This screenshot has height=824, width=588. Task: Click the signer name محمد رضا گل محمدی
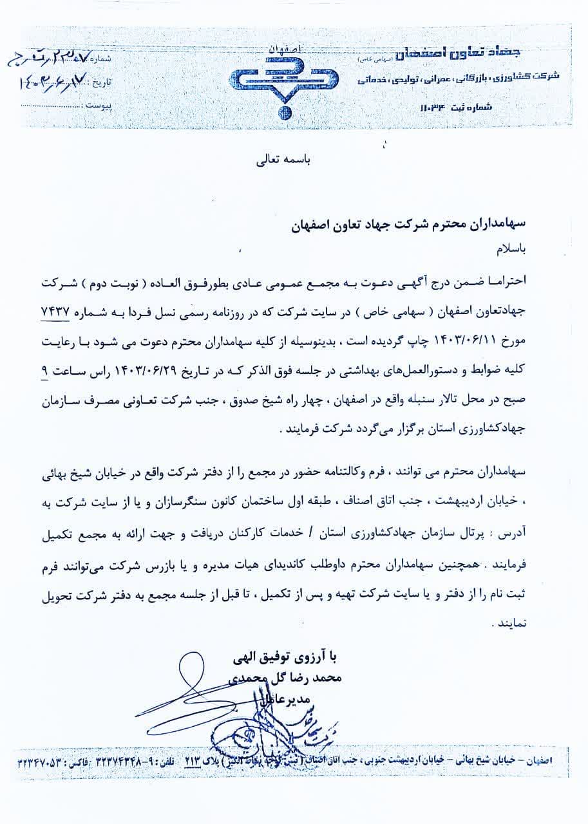pyautogui.click(x=286, y=678)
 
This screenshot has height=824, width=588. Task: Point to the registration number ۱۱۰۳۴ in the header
pyautogui.click(x=445, y=106)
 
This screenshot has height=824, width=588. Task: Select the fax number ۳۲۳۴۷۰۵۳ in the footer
pyautogui.click(x=45, y=760)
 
